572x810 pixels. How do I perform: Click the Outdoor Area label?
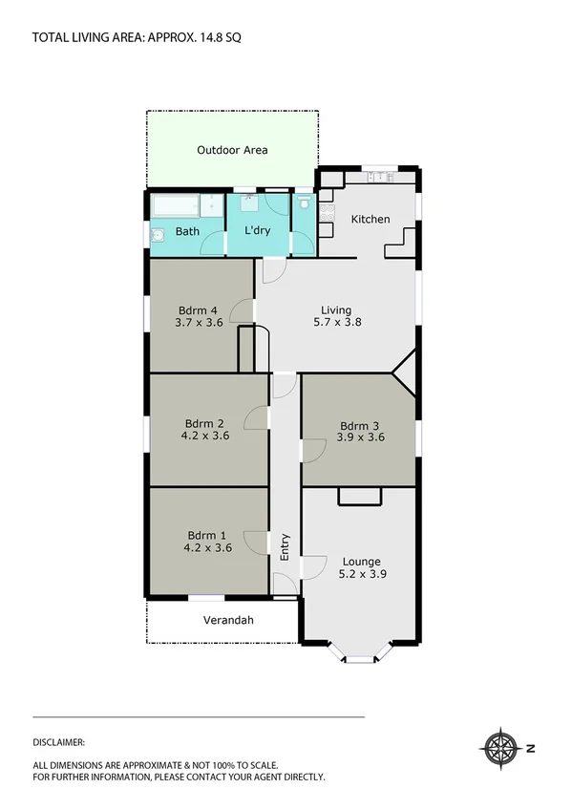pyautogui.click(x=232, y=150)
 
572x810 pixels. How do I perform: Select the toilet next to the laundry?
pyautogui.click(x=304, y=203)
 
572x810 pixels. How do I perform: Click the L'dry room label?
pyautogui.click(x=258, y=231)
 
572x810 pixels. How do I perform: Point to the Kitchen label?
pyautogui.click(x=371, y=220)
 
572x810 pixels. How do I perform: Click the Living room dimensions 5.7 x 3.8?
pyautogui.click(x=336, y=323)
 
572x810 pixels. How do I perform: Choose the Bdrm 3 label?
pyautogui.click(x=359, y=426)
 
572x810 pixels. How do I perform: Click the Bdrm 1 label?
pyautogui.click(x=207, y=535)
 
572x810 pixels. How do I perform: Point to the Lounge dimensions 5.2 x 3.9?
pyautogui.click(x=361, y=574)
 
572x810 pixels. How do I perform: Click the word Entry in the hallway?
pyautogui.click(x=285, y=545)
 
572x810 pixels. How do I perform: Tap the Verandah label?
pyautogui.click(x=228, y=620)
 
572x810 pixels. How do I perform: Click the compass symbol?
pyautogui.click(x=498, y=748)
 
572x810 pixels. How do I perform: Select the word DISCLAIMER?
pyautogui.click(x=59, y=741)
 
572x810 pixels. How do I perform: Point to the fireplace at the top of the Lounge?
pyautogui.click(x=359, y=496)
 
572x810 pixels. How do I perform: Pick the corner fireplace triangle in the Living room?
pyautogui.click(x=406, y=372)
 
